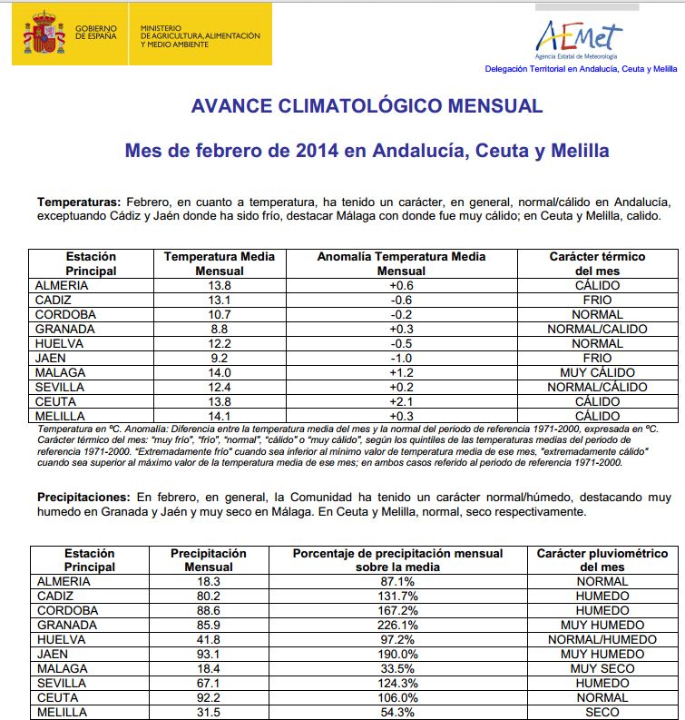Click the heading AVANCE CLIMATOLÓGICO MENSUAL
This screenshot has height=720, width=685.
[x=367, y=106]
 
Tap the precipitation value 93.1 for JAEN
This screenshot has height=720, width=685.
[x=209, y=654]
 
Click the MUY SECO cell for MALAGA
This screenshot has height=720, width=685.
[x=602, y=668]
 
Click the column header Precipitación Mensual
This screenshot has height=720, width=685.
[x=209, y=559]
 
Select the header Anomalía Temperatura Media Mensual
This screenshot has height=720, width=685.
[x=401, y=263]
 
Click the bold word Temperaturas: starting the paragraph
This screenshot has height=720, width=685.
[x=78, y=201]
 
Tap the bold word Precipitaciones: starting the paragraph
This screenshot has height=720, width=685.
[x=84, y=498]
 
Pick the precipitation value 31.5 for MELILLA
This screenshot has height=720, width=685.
[x=209, y=712]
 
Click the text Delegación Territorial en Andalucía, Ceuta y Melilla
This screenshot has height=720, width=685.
[x=581, y=69]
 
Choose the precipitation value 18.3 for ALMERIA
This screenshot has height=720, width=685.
[x=209, y=581]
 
